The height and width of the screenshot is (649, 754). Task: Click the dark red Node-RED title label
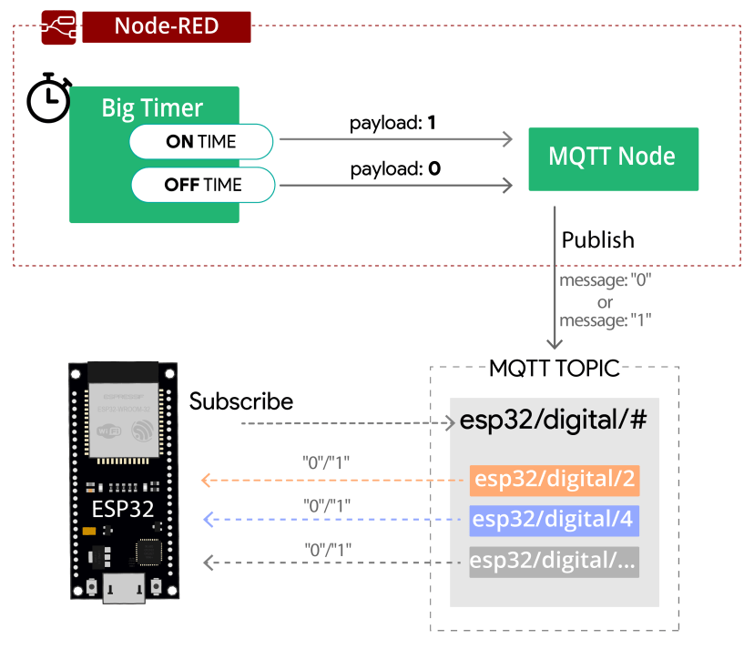tap(166, 25)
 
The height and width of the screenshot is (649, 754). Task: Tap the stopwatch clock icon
tap(47, 97)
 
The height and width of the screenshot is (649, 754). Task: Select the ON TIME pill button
tap(201, 141)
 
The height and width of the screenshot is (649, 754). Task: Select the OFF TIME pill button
tap(202, 185)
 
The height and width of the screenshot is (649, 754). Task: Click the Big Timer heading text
tap(152, 108)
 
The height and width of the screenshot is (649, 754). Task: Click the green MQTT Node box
tap(613, 158)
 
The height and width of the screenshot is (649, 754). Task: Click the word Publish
tap(597, 239)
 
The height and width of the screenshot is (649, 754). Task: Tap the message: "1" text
tap(605, 320)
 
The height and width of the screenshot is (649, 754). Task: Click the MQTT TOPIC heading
tap(554, 369)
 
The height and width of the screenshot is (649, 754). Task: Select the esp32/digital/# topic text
tap(554, 421)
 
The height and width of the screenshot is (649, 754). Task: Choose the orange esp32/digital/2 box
tap(554, 479)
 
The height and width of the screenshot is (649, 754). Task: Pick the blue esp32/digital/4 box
tap(554, 520)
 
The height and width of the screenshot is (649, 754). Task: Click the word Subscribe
tap(241, 401)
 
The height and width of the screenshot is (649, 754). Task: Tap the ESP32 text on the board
tap(123, 507)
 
